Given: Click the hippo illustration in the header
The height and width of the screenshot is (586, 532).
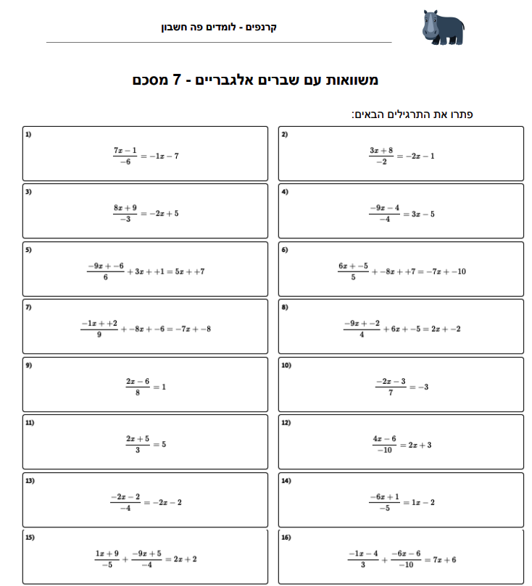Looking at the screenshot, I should tap(441, 28).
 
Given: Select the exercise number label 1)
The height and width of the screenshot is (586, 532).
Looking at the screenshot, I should tap(28, 135).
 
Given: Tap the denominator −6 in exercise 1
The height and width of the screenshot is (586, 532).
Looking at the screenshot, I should tap(125, 162).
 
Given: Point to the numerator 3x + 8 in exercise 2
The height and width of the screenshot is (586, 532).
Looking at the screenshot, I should tap(381, 150).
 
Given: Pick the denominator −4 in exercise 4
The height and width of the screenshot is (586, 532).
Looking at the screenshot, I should tap(384, 220).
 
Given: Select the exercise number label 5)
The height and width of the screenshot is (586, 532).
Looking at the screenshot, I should tap(28, 250).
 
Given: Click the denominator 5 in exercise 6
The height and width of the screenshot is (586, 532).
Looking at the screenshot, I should tap(353, 277).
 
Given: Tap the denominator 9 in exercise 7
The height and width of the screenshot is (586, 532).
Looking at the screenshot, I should tap(99, 335).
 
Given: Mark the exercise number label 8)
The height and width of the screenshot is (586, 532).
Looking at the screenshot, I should tap(285, 307).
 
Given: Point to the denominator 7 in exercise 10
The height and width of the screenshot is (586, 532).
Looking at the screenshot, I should tap(391, 393).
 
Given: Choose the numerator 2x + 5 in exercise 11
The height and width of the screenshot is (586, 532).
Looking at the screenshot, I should tap(137, 438).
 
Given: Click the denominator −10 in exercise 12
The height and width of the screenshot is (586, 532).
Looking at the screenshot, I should tap(384, 451).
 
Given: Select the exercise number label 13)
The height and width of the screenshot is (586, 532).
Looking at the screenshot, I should tap(30, 480).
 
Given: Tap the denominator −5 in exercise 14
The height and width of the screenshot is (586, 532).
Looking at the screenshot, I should tap(384, 508).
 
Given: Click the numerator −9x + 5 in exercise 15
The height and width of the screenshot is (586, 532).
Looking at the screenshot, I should tap(146, 553).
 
